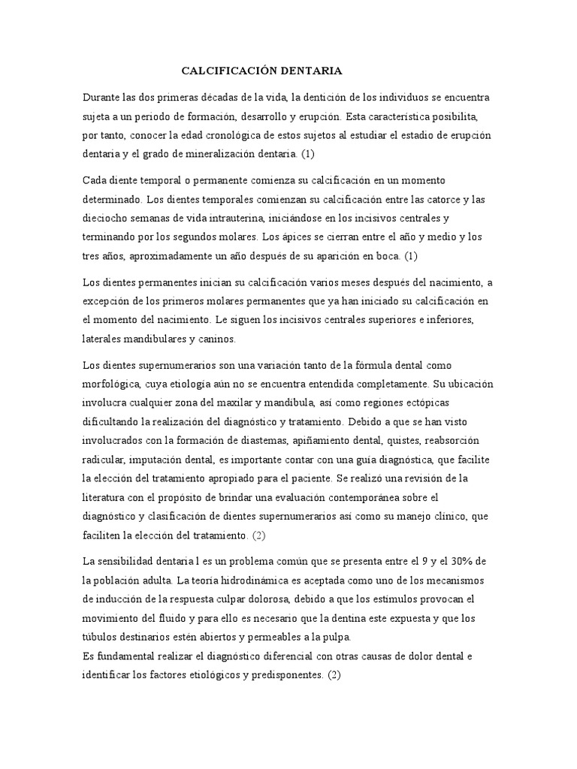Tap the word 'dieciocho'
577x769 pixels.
coord(106,219)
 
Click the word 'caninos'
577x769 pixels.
coord(216,339)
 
